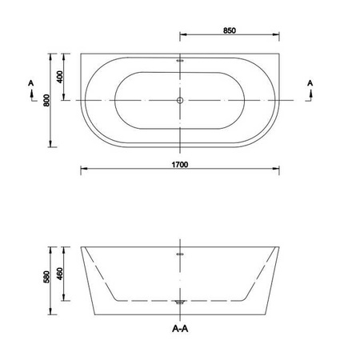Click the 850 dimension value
pyautogui.click(x=230, y=30)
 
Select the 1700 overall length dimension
pyautogui.click(x=180, y=165)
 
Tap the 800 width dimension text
pyautogui.click(x=46, y=100)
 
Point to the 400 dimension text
pyautogui.click(x=60, y=77)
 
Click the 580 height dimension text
pyautogui.click(x=46, y=277)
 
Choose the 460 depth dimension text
pyautogui.click(x=60, y=274)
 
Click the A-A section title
pyautogui.click(x=180, y=329)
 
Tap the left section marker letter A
pyautogui.click(x=31, y=83)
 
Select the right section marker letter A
pyautogui.click(x=310, y=83)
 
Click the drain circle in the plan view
pyautogui.click(x=180, y=100)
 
